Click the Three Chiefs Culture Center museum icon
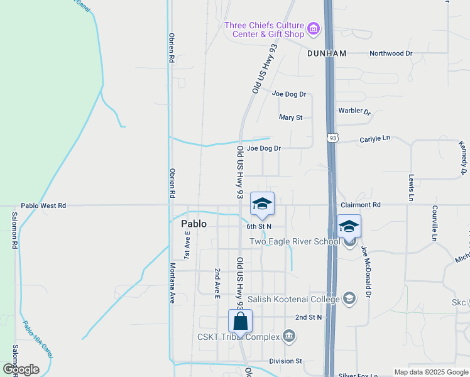313,28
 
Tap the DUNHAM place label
327,54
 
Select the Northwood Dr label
391,54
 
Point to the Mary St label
291,117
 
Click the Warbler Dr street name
355,111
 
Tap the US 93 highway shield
332,138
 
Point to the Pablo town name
194,223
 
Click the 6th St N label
259,226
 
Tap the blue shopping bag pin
241,321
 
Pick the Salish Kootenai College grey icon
349,299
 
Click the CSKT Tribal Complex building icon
288,337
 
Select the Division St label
285,361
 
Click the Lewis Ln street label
412,188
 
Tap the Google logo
21,369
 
